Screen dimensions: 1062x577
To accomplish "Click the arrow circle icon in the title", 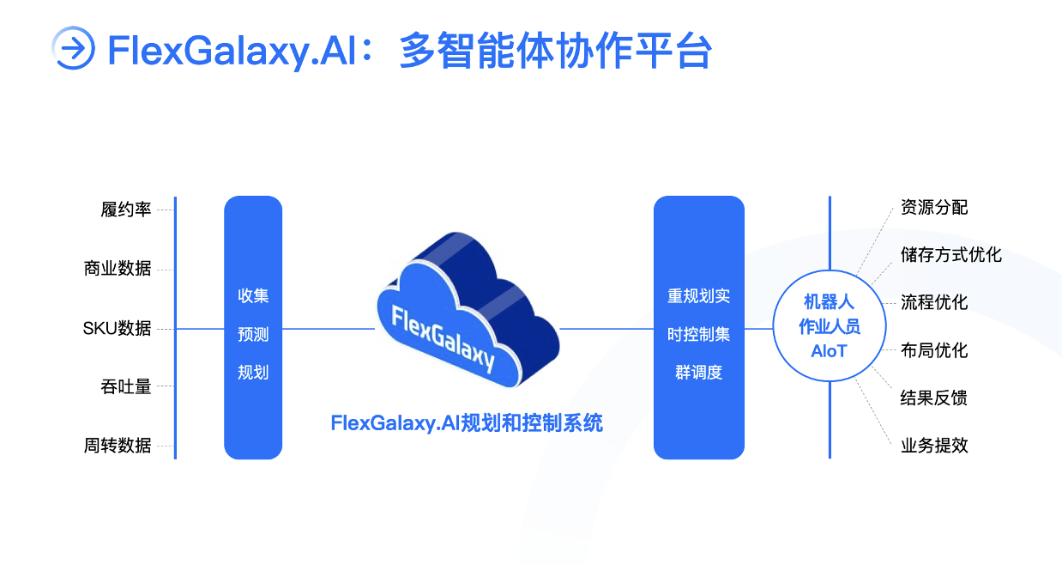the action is pos(74,48).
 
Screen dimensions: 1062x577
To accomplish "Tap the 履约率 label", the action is pos(125,210).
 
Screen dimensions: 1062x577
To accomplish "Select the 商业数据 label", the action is pos(118,269).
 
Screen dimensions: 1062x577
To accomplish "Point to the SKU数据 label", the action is pos(117,328).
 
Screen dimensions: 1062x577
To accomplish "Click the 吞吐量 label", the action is pos(125,386).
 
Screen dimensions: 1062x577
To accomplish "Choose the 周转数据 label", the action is pos(118,446).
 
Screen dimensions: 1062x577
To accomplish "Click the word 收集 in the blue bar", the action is pos(253,296).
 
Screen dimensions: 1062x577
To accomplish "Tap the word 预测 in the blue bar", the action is pos(253,335).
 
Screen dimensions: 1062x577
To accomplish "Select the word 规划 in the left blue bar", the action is pos(253,373).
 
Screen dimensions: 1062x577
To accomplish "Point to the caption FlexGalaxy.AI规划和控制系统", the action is pos(467,422).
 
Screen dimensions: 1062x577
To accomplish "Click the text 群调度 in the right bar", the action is pos(699,373).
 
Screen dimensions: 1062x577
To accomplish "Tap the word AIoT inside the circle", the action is pos(829,351).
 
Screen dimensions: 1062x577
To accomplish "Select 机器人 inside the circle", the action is pos(829,301).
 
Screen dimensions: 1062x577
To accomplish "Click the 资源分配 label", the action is pos(934,208).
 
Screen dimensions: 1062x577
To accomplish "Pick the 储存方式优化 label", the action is pos(951,255).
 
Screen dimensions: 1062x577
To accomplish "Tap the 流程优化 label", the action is pos(934,302).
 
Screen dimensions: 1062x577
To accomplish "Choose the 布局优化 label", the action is pos(934,350).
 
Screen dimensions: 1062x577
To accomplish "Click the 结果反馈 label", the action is pos(934,398).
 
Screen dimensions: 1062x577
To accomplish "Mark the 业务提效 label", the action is pos(934,446).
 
